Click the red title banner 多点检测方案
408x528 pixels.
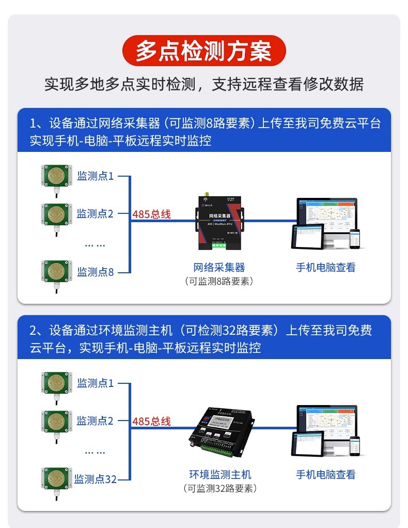[203, 52]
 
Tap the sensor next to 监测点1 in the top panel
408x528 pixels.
[55, 176]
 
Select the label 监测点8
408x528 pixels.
[96, 272]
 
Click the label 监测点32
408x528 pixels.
[96, 479]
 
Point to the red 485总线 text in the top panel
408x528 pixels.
[151, 214]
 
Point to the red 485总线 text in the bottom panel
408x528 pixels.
[151, 421]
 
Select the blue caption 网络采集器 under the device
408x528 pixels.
[219, 267]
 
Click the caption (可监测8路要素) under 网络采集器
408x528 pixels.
[219, 281]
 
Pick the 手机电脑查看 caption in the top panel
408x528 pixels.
[325, 267]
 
